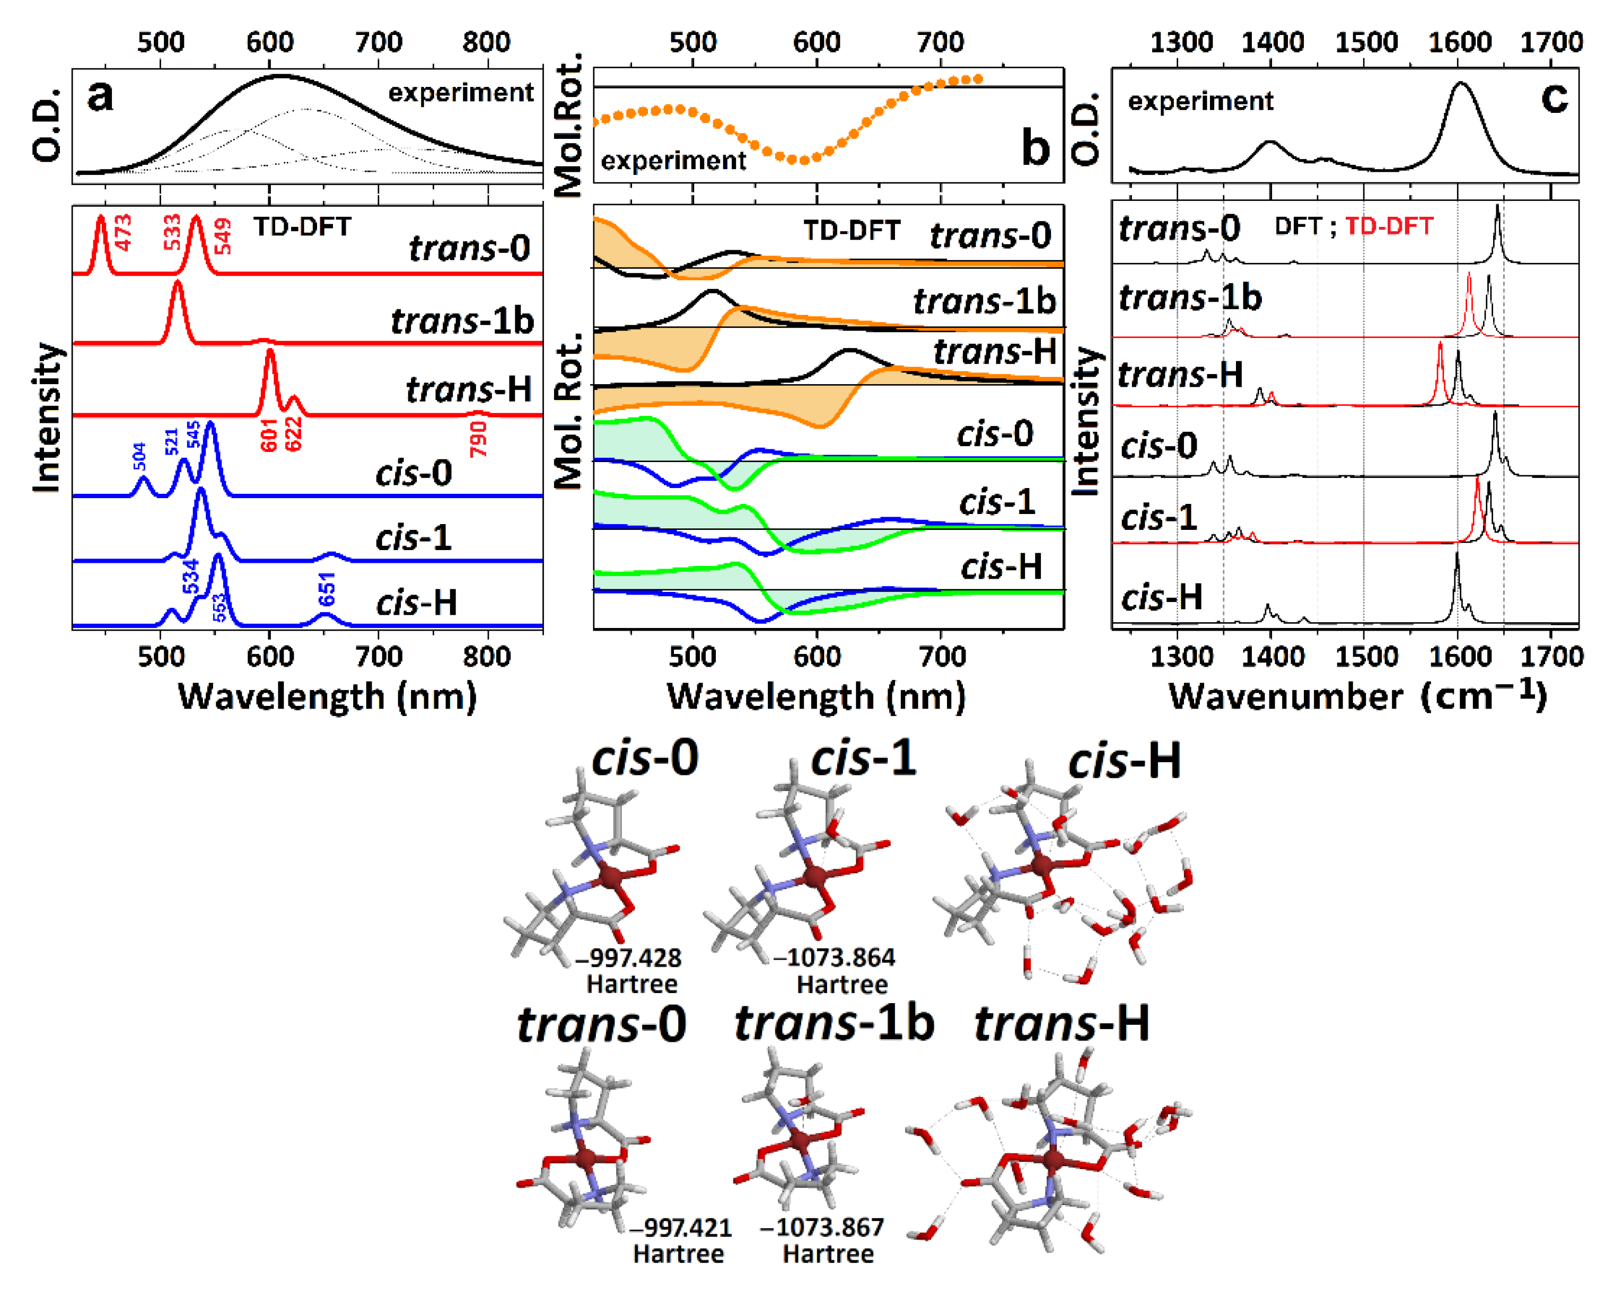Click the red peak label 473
click(123, 233)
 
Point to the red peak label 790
click(478, 439)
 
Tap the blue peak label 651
click(327, 589)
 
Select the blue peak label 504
click(139, 457)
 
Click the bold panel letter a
click(101, 95)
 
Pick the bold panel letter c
click(1554, 97)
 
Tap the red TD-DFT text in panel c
click(1389, 226)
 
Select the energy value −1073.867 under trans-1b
click(822, 1227)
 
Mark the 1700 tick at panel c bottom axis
click(1551, 657)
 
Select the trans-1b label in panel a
click(462, 321)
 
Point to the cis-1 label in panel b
click(997, 502)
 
